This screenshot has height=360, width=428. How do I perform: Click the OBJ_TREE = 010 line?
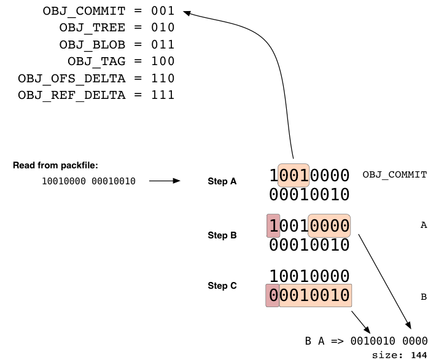tap(117, 28)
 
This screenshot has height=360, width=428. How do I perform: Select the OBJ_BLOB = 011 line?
tap(117, 44)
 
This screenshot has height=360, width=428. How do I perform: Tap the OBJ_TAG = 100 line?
tap(121, 61)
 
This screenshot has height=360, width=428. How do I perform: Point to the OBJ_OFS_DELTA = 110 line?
tap(96, 79)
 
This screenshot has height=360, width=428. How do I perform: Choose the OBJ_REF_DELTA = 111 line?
tap(96, 95)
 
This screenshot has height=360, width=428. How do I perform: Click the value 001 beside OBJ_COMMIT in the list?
tap(163, 11)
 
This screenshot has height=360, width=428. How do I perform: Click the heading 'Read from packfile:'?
tap(55, 165)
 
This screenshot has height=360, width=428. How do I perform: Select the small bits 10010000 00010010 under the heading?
tap(88, 181)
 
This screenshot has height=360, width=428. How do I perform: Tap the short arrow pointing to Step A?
tap(165, 181)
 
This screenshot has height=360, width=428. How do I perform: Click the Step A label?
tap(222, 181)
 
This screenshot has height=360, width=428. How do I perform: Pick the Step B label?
tap(222, 235)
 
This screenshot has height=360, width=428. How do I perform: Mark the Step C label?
tap(222, 286)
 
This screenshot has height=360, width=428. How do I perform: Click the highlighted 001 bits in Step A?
tap(294, 175)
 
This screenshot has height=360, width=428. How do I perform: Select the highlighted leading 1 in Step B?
tap(273, 225)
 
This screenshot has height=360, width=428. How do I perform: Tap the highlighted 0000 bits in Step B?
tap(329, 225)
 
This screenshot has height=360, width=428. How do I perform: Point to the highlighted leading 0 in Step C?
tap(273, 295)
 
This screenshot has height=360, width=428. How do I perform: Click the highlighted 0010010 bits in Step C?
tap(315, 295)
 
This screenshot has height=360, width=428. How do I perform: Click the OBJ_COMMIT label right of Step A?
tap(395, 174)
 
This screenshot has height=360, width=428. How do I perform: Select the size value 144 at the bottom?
tap(419, 355)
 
